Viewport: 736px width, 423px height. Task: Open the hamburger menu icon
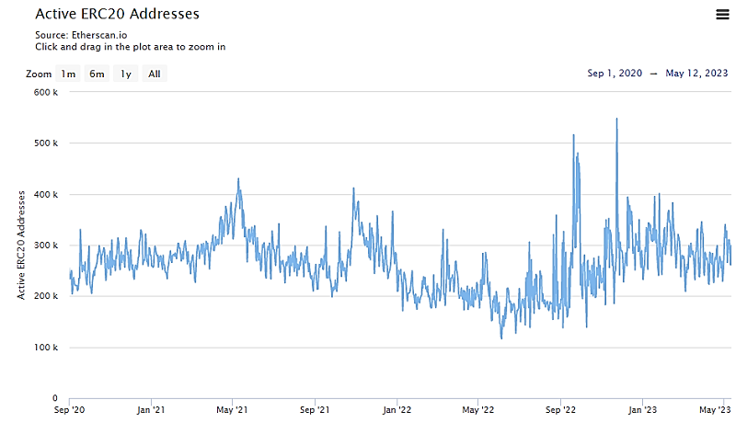[x=722, y=14]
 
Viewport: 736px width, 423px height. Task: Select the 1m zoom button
[x=68, y=74]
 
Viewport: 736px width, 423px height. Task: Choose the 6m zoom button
[x=97, y=74]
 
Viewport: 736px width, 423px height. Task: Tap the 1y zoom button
[x=126, y=74]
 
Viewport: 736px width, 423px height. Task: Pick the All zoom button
[x=155, y=74]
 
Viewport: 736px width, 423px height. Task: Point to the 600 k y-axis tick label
[x=46, y=92]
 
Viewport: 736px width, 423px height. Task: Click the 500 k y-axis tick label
[x=46, y=143]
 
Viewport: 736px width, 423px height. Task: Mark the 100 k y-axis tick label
[x=46, y=348]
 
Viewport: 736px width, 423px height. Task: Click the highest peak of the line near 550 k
[x=616, y=119]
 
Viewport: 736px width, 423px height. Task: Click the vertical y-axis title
[x=20, y=246]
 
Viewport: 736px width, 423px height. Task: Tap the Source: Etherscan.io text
[x=81, y=34]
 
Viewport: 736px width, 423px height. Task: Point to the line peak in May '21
[x=238, y=179]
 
